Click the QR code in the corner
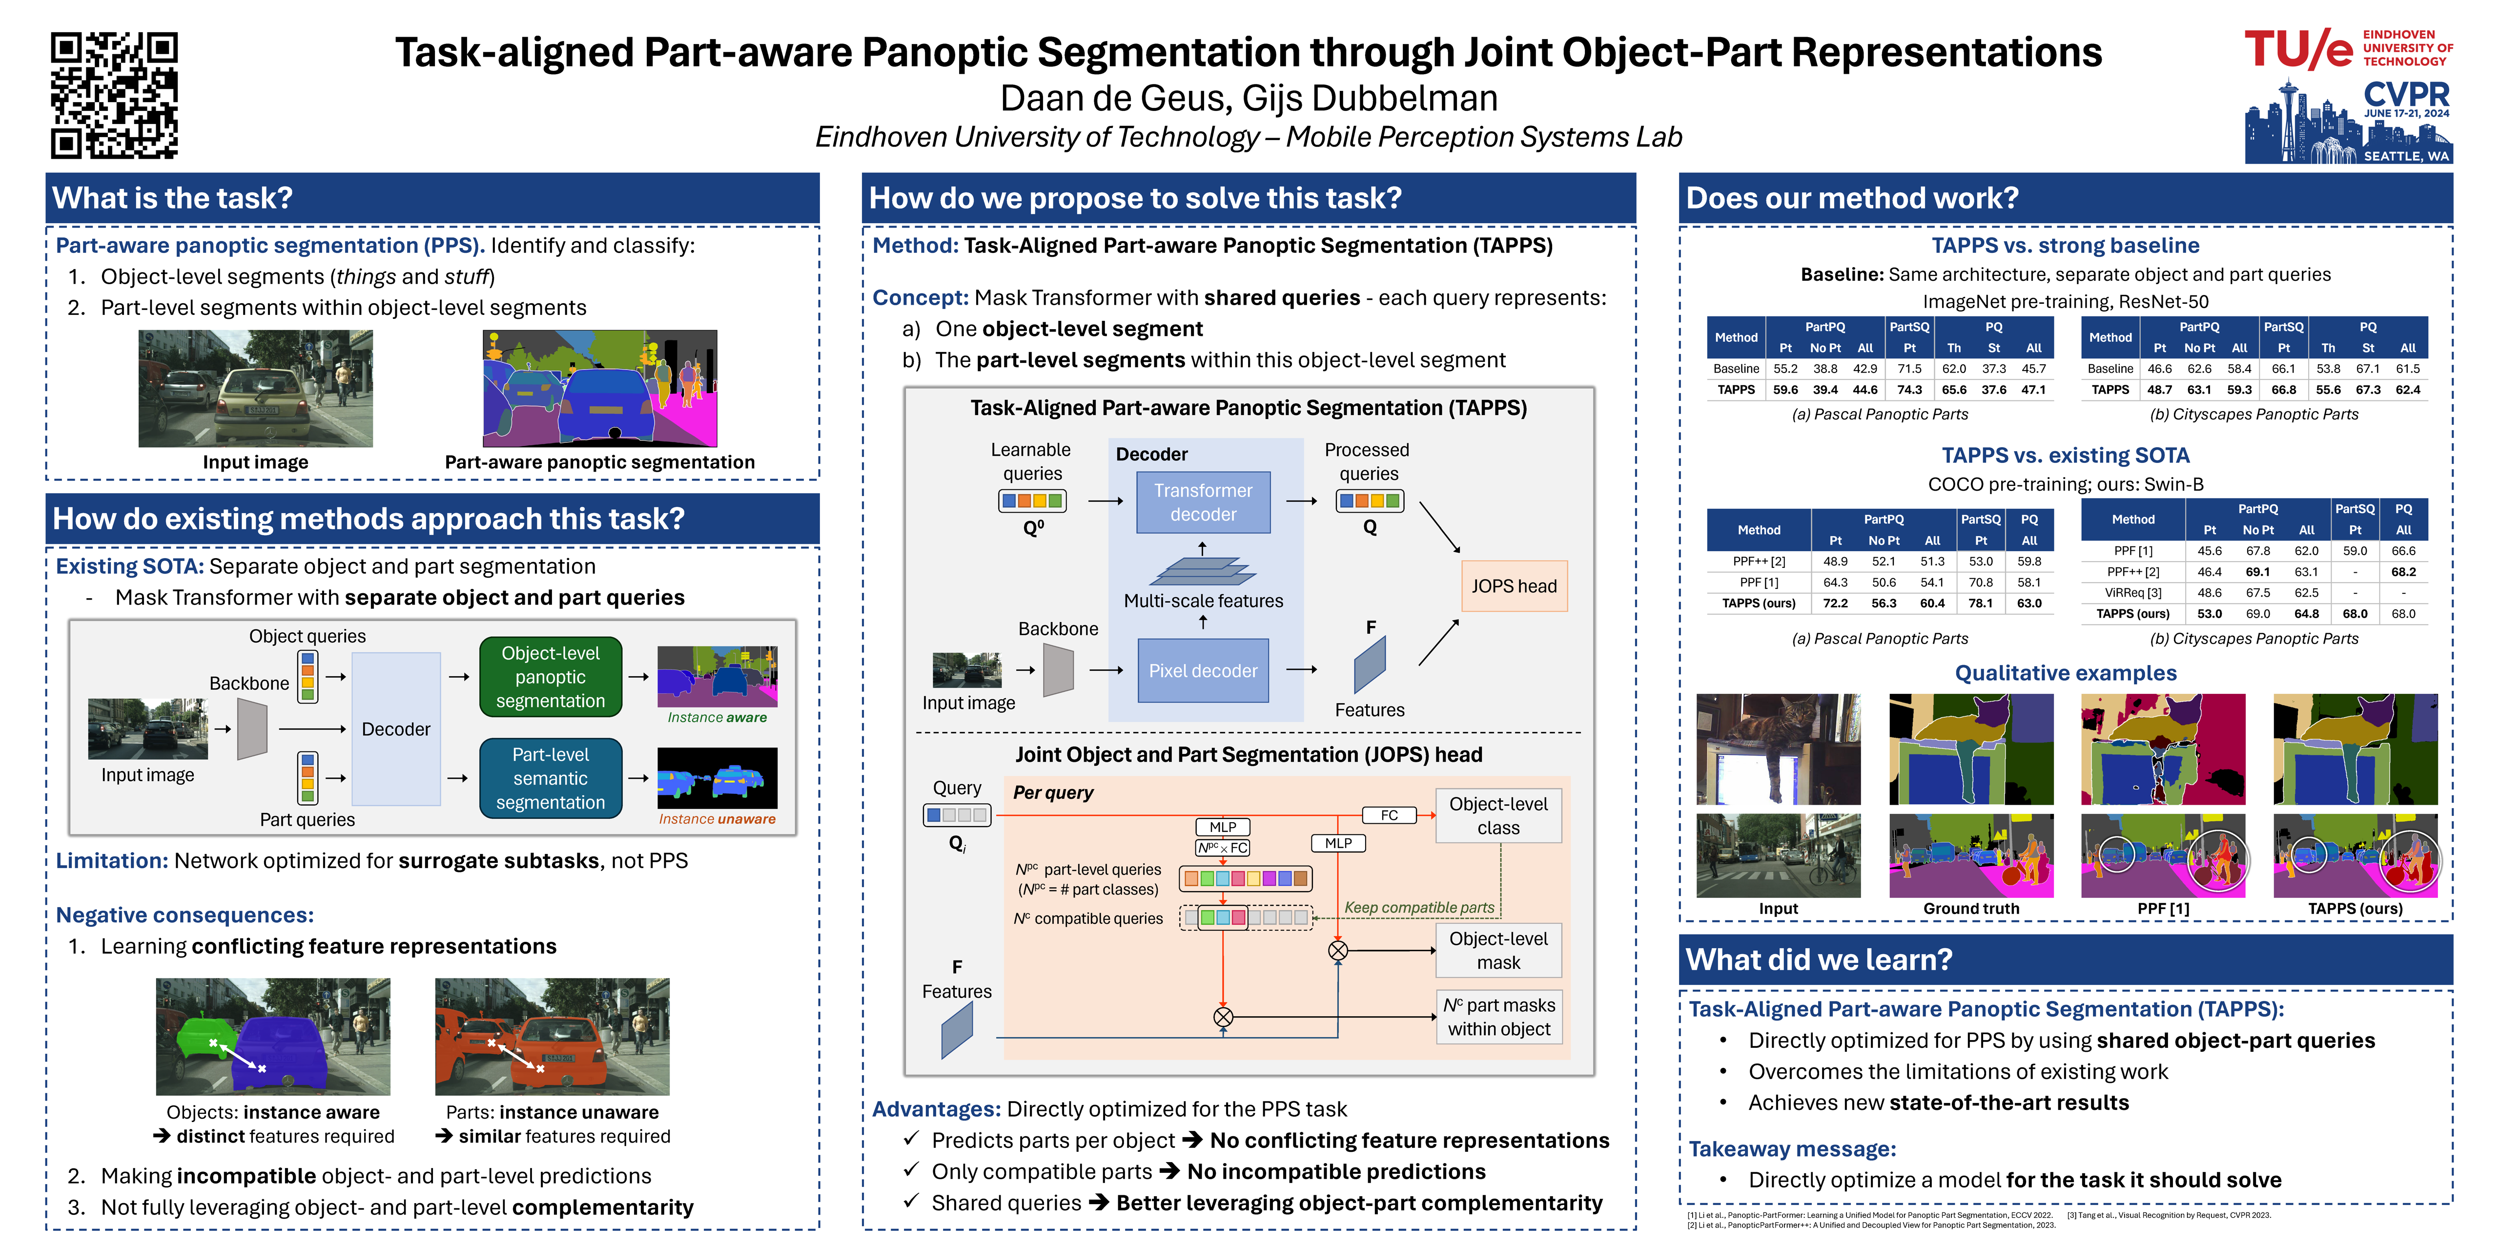pos(115,95)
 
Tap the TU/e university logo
pos(2348,48)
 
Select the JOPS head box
pos(1514,586)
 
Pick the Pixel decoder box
pos(1203,670)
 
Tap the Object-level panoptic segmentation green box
pos(550,677)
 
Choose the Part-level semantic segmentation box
pos(550,778)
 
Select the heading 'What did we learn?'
pos(1819,960)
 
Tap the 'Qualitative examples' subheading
pos(2066,673)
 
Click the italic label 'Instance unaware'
pos(717,819)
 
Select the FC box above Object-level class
pos(1389,815)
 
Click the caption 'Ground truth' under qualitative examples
pos(1971,908)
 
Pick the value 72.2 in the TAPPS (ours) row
pos(1835,604)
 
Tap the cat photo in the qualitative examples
pos(1778,749)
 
